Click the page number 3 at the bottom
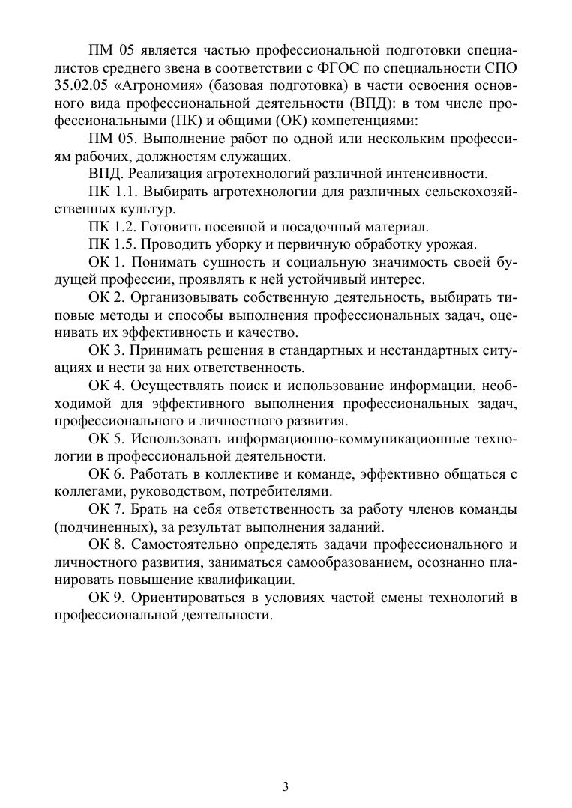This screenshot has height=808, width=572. point(286,786)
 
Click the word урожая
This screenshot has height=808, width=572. point(448,245)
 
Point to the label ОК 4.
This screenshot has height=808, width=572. point(106,386)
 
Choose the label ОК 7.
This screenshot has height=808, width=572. point(106,510)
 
